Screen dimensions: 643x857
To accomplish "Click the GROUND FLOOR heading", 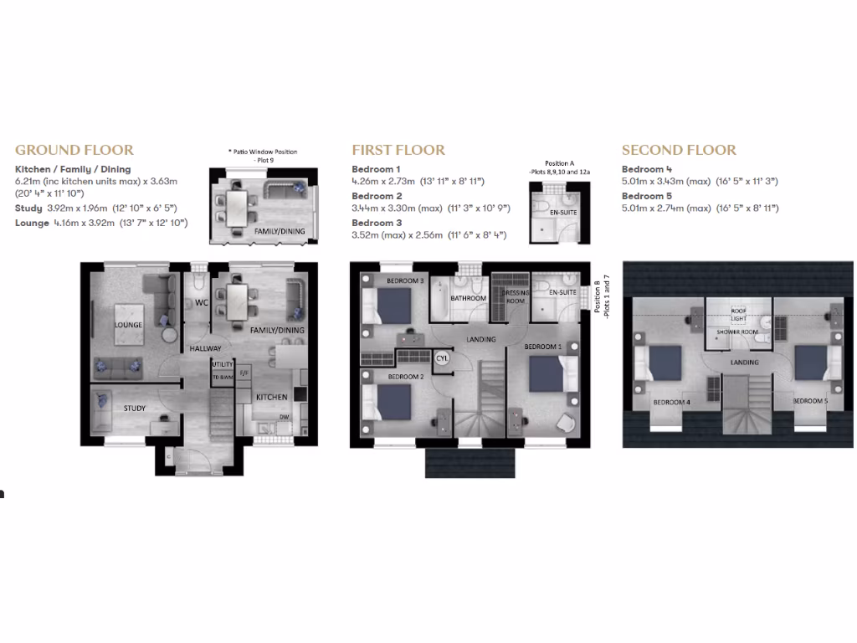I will coord(74,151).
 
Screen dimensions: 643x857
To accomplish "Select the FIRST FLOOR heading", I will coord(398,151).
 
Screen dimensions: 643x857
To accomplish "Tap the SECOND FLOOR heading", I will coord(679,151).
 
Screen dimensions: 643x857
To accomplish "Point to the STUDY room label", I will coord(135,409).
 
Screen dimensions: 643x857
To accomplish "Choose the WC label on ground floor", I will coord(201,302).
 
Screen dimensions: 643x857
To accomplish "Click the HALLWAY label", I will coord(205,348).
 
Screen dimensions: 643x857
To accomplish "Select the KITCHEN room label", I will coord(271,397).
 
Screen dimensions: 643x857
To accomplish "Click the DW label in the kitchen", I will coord(284,416).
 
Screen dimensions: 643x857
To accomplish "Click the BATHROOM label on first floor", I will coord(468,298).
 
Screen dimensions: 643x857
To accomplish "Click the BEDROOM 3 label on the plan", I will coord(404,281).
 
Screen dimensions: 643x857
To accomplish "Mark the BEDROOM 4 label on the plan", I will coord(671,402).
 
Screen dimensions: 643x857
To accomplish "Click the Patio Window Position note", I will coord(263,156).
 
